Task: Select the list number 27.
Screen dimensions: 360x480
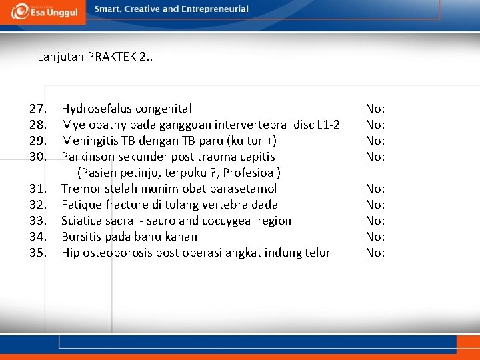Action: [37, 109]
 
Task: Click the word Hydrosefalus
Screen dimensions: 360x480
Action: [97, 109]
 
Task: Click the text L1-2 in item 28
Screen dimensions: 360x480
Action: [328, 125]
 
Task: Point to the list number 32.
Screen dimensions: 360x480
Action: [37, 205]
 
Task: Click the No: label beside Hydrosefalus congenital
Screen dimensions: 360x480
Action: [375, 109]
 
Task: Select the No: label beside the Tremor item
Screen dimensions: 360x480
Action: [375, 189]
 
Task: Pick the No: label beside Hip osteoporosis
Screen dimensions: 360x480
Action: [375, 253]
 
